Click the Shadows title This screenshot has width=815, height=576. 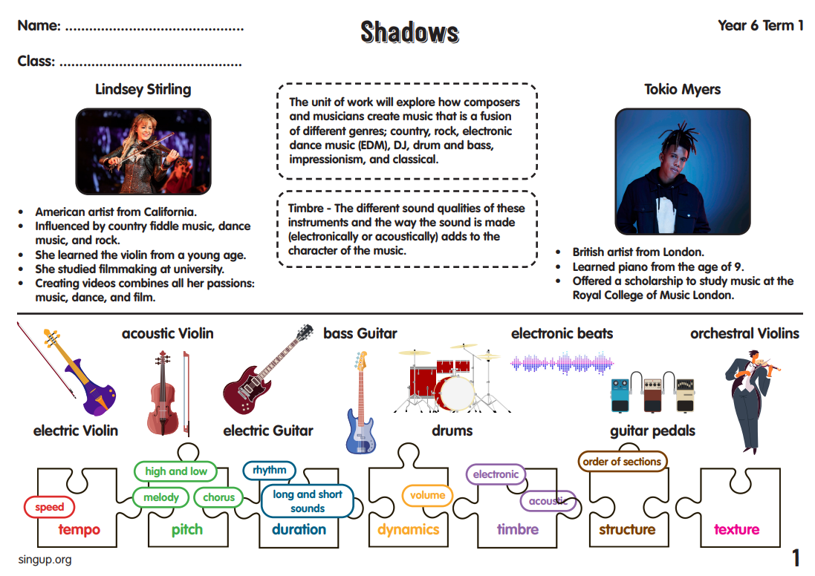pos(409,32)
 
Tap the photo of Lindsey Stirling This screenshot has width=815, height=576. pos(143,151)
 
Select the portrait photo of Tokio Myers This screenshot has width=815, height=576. pos(682,171)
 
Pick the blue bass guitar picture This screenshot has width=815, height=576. pos(360,405)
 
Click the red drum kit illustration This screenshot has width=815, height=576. pos(448,379)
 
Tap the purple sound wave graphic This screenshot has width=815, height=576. pos(562,364)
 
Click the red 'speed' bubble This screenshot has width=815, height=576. pos(50,508)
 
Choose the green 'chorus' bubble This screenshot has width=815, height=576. pos(218,497)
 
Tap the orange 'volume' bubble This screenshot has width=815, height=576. pos(427,495)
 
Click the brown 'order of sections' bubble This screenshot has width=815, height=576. pos(621,462)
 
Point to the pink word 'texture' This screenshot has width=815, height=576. pos(736,529)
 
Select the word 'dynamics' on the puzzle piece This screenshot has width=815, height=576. pos(408,529)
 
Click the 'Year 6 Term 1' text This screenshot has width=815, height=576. pos(760,26)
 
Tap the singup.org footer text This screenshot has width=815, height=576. pos(45,559)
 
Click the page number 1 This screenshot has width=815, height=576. pos(796,557)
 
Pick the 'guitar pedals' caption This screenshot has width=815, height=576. pos(652,431)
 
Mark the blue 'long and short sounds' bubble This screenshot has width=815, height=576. pos(307,501)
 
